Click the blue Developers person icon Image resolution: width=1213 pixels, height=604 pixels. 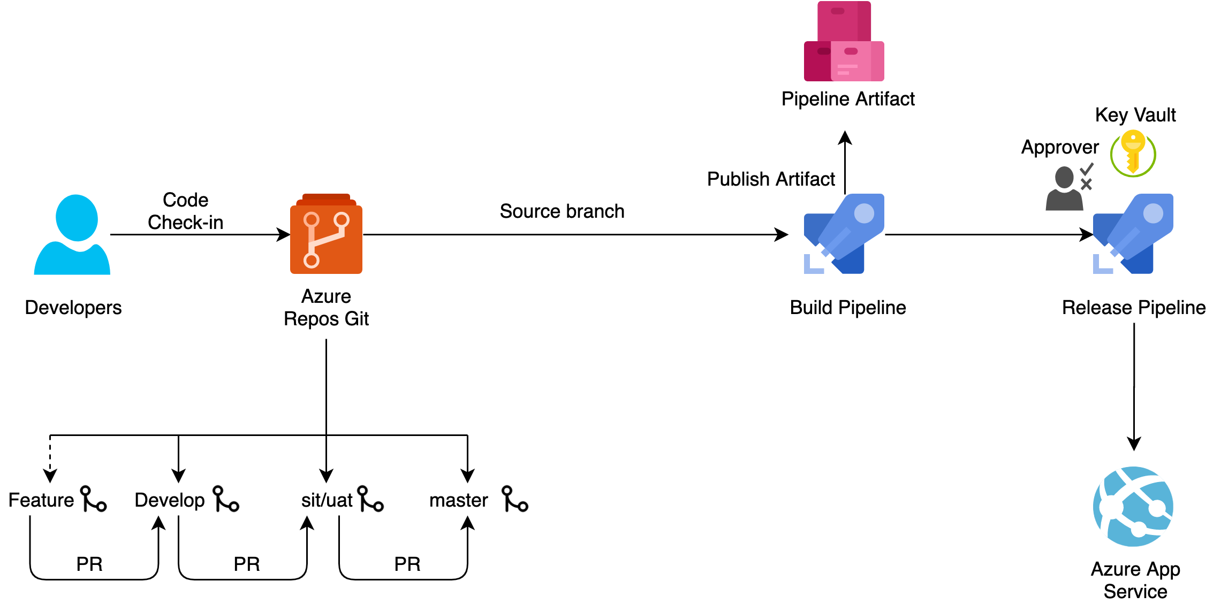pos(72,235)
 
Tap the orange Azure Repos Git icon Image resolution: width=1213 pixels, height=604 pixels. pos(326,235)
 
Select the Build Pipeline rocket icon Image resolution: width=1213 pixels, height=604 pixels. pos(844,234)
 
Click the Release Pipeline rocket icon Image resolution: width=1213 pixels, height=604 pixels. pos(1133,234)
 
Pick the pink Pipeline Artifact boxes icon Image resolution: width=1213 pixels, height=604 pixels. pos(844,42)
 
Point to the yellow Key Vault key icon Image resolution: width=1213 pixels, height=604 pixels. pos(1133,154)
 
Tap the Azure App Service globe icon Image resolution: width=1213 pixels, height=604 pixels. pos(1133,506)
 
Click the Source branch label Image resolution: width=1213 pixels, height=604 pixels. pos(562,211)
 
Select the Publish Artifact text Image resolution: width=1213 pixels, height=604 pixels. pos(771,179)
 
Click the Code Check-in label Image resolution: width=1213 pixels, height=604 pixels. pos(185,211)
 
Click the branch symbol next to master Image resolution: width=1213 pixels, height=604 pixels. pos(514,499)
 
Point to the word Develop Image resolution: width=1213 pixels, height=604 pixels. pos(170,500)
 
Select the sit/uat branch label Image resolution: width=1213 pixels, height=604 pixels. pos(327,500)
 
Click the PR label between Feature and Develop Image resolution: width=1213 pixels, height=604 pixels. pos(89,564)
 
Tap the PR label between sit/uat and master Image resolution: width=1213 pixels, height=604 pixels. pos(407,564)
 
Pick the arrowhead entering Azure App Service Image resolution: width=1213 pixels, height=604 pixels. pos(1134,444)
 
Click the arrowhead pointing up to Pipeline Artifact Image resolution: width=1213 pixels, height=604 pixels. pos(845,138)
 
